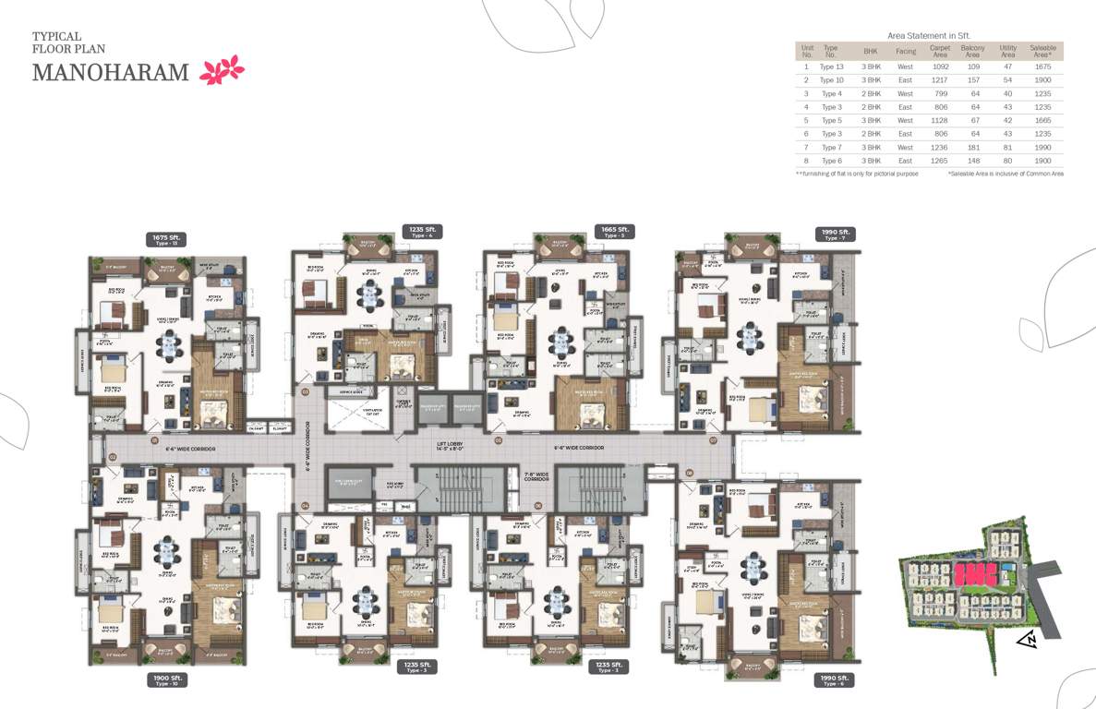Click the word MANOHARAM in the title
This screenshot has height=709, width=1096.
[x=111, y=72]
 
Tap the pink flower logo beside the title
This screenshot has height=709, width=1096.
[x=222, y=70]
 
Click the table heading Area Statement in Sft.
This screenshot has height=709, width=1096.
[x=929, y=35]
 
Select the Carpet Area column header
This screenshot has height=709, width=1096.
[x=939, y=52]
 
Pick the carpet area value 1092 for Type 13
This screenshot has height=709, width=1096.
[x=939, y=66]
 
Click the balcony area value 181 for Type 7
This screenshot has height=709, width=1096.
[x=971, y=147]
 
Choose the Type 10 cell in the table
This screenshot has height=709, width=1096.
[x=832, y=80]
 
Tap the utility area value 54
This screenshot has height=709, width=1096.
[x=1007, y=80]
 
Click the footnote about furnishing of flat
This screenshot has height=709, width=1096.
[x=857, y=174]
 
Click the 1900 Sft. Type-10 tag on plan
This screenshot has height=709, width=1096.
[x=167, y=680]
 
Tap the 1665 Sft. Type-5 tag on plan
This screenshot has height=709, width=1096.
[x=614, y=231]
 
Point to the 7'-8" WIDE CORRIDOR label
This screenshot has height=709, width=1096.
[x=536, y=477]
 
